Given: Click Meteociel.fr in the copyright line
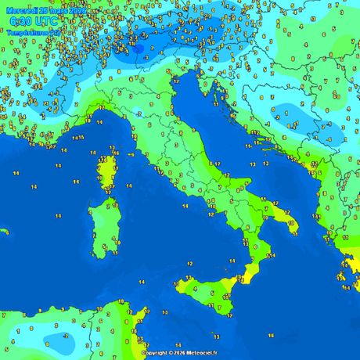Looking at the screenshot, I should tap(200, 353).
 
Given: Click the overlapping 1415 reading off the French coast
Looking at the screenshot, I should tap(78, 138).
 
